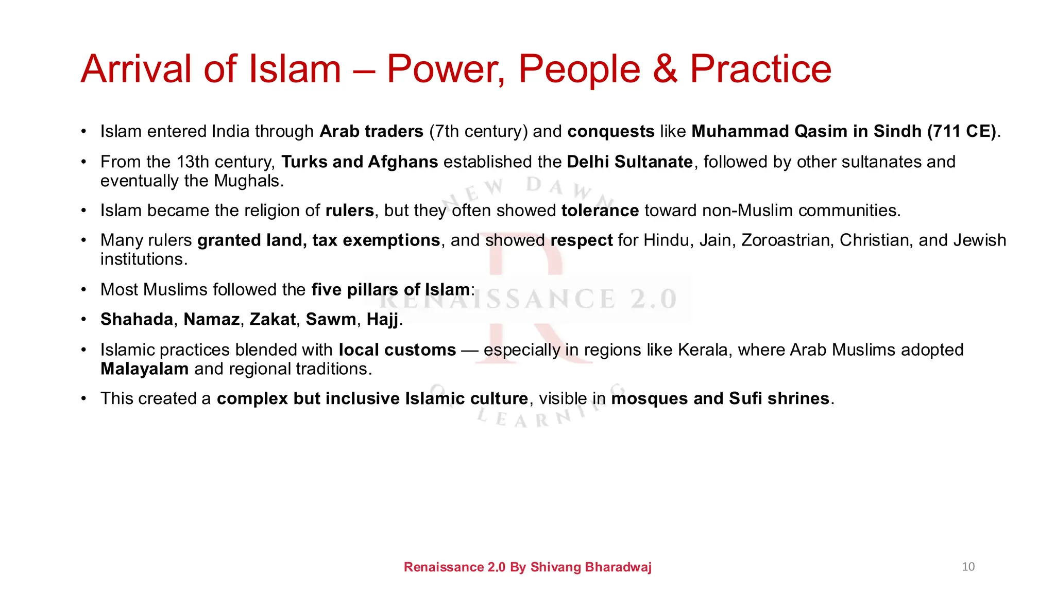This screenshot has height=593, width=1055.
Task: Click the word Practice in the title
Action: pyautogui.click(x=760, y=69)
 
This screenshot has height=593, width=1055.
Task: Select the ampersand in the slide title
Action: pyautogui.click(x=665, y=69)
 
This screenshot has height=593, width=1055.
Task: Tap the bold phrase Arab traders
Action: pyautogui.click(x=371, y=131)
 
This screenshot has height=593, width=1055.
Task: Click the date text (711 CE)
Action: pyautogui.click(x=962, y=131)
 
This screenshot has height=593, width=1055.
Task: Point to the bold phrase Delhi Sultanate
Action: pyautogui.click(x=629, y=162)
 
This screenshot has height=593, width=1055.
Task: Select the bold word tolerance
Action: pyautogui.click(x=600, y=211)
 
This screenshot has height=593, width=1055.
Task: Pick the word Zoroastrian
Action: pyautogui.click(x=787, y=240)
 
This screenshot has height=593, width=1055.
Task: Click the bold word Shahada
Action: pyautogui.click(x=137, y=319)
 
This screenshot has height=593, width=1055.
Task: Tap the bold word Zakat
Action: pyautogui.click(x=273, y=319)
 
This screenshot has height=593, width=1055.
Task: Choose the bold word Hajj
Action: pyautogui.click(x=382, y=320)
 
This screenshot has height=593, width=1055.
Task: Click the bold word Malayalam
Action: pyautogui.click(x=144, y=369)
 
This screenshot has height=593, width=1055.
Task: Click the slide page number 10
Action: pyautogui.click(x=968, y=567)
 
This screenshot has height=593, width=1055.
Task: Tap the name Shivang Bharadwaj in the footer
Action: pyautogui.click(x=591, y=567)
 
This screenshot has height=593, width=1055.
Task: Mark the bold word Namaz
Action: pyautogui.click(x=211, y=319)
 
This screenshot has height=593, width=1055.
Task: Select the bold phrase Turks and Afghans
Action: pyautogui.click(x=360, y=162)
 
